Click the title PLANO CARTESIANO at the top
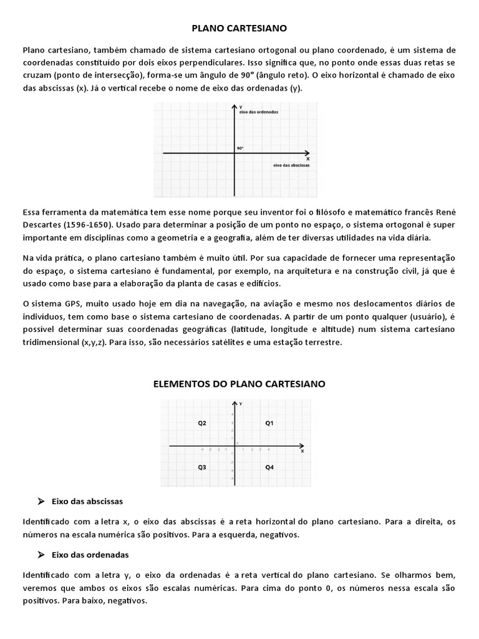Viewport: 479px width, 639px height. coord(239,28)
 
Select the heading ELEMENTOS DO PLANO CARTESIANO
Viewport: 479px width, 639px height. coord(239,384)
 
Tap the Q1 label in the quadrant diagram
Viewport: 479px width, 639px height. coord(269,423)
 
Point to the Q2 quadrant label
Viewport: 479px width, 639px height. coord(202,423)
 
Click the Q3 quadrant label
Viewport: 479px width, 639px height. coord(202,467)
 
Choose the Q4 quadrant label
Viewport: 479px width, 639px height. coord(269,467)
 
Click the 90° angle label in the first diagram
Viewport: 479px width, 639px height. coord(240,149)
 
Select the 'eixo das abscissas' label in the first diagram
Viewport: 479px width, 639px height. coord(291,166)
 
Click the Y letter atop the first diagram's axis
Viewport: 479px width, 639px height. coord(240,107)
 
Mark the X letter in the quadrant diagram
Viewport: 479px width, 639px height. coord(302,451)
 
